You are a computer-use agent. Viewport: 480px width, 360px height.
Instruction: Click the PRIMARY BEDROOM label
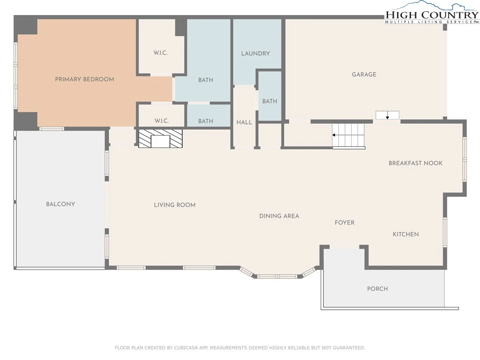tap(84, 79)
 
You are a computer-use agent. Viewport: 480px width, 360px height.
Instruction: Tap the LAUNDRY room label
tap(255, 53)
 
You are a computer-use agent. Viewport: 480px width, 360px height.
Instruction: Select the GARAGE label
tap(364, 75)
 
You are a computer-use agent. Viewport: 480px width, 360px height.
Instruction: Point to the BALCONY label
tap(60, 204)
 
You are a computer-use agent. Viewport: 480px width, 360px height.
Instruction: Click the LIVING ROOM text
tap(174, 205)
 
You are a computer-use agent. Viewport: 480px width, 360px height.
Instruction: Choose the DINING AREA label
tap(279, 216)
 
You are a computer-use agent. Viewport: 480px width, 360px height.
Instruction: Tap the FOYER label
tap(345, 223)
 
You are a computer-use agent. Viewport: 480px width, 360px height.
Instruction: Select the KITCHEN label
tap(405, 234)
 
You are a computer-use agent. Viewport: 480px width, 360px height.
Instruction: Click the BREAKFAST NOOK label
tap(415, 163)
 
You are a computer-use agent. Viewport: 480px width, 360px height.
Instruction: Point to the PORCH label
tap(377, 289)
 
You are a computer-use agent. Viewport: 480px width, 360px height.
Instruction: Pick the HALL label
tap(244, 122)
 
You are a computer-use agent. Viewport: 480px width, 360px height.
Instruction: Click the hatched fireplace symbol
tap(160, 138)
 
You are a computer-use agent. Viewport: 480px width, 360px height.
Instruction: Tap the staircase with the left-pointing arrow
tap(349, 135)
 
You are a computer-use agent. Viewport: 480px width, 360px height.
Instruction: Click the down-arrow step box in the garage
tap(387, 115)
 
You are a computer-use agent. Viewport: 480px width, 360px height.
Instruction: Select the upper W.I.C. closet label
tap(160, 53)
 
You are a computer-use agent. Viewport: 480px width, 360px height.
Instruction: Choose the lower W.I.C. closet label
tap(161, 121)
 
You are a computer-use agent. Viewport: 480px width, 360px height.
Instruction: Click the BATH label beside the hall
tap(270, 101)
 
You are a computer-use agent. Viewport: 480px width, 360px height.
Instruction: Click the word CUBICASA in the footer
tap(186, 348)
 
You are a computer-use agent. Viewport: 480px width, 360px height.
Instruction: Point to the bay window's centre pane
tap(277, 277)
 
